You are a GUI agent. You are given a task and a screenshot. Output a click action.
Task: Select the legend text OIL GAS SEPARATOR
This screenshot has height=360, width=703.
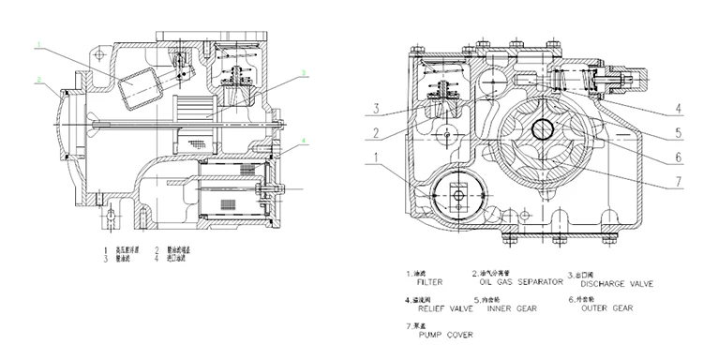click(x=515, y=280)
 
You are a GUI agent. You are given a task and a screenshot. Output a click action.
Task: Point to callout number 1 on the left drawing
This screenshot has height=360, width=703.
click(x=38, y=44)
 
